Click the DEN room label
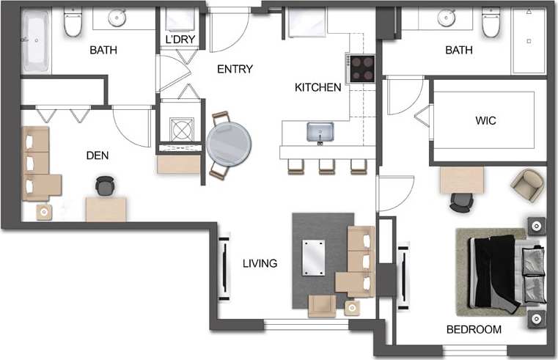click(x=98, y=155)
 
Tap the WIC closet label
click(x=486, y=121)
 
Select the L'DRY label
click(x=179, y=38)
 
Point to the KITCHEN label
click(x=317, y=87)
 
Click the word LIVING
click(x=260, y=263)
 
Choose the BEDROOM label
click(x=474, y=330)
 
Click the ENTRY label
click(x=235, y=69)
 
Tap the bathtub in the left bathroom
click(x=34, y=44)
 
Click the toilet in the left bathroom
click(x=72, y=25)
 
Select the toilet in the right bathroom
click(x=491, y=23)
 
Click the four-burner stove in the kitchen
click(x=361, y=68)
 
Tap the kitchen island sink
click(x=320, y=133)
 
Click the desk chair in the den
click(x=106, y=187)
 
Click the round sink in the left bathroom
click(x=117, y=18)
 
